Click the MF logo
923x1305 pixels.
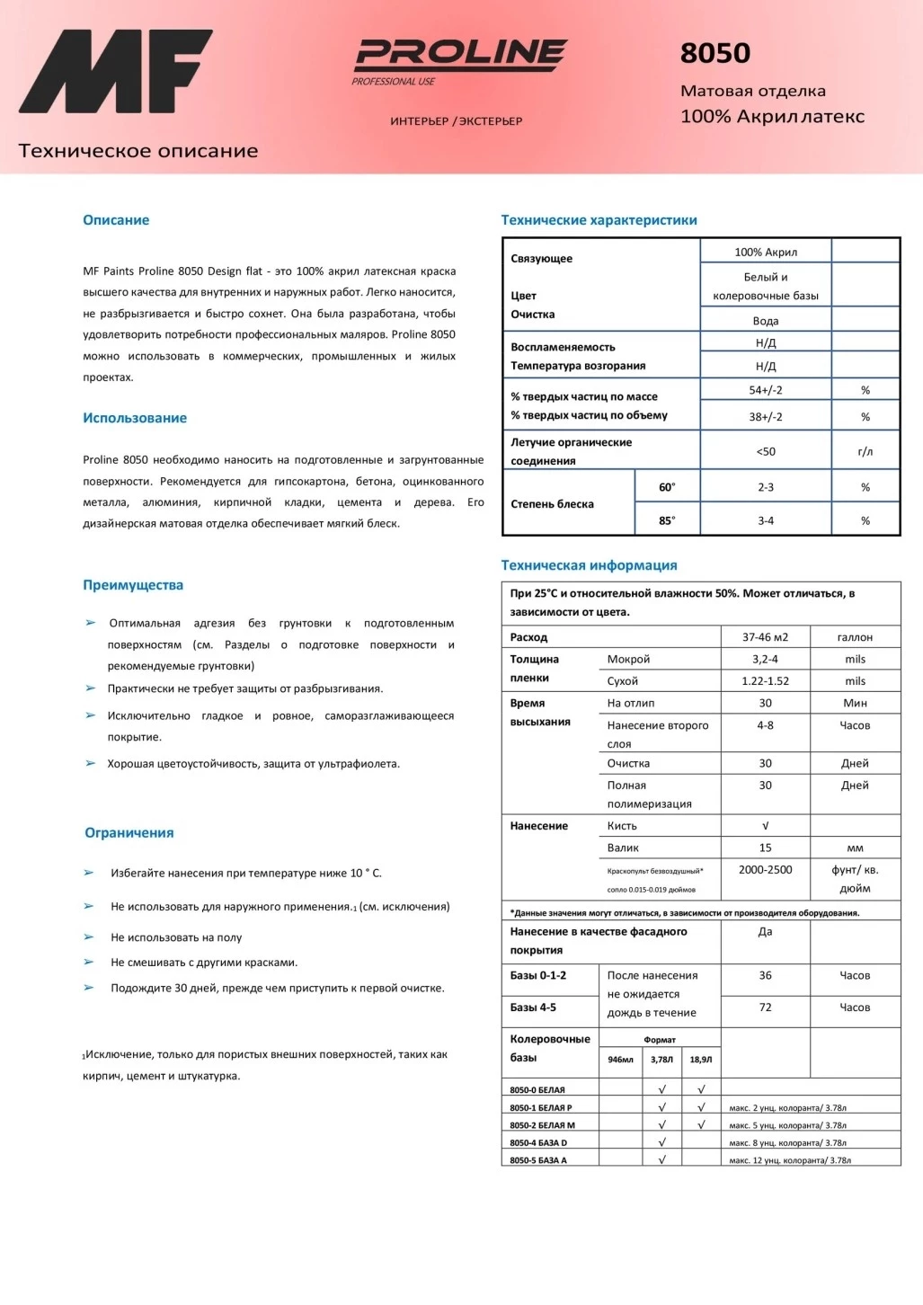pos(115,72)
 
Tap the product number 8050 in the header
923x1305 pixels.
pos(715,53)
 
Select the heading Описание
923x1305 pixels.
pos(116,220)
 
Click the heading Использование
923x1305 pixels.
pos(135,418)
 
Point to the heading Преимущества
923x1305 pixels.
pos(133,585)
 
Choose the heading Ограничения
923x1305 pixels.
pos(129,833)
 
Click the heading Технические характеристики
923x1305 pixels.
pos(599,220)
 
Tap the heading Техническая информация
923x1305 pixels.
pos(589,565)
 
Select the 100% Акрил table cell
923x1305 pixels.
pos(766,253)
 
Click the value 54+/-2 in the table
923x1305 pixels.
pos(766,390)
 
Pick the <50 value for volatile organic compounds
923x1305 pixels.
pos(766,451)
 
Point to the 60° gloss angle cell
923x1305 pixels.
pos(667,487)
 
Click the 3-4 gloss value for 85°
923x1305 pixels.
pos(766,520)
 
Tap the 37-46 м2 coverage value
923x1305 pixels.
pos(765,637)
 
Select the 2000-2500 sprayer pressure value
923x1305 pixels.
pos(765,870)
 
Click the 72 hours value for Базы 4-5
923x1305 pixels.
pos(765,1008)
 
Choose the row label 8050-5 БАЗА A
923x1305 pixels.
pos(538,1160)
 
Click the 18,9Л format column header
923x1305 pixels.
pos(701,1060)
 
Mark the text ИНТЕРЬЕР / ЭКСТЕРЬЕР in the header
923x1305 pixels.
pos(457,121)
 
